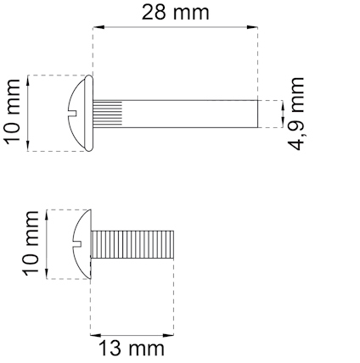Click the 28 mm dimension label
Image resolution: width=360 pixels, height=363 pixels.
coord(174,13)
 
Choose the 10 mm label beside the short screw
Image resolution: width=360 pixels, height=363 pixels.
coord(31,243)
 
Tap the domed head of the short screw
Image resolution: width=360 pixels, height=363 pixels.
coord(82,244)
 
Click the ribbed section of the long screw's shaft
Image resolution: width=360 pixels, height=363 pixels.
coord(110,114)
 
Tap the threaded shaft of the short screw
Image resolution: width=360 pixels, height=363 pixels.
coord(132,244)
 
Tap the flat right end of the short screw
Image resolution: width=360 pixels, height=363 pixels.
coord(174,244)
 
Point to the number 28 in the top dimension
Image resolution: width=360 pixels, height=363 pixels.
coord(157,13)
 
